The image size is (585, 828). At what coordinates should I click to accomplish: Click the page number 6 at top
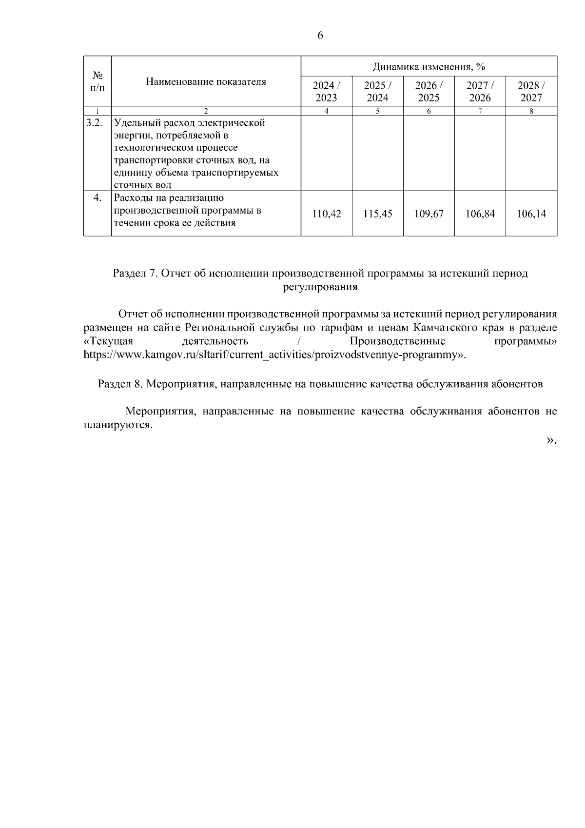pyautogui.click(x=320, y=35)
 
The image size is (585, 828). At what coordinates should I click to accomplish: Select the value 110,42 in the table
pyautogui.click(x=326, y=214)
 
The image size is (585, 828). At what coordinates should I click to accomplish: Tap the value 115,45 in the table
pyautogui.click(x=378, y=214)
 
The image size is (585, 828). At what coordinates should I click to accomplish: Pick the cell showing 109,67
pyautogui.click(x=429, y=214)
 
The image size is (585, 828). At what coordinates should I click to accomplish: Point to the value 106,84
pyautogui.click(x=480, y=214)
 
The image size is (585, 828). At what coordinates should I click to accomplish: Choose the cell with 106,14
pyautogui.click(x=531, y=214)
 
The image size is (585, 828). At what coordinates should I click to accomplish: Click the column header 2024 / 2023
pyautogui.click(x=326, y=91)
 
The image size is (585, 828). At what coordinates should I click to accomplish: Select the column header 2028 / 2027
pyautogui.click(x=531, y=91)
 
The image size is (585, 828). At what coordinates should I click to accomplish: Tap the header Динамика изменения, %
pyautogui.click(x=429, y=66)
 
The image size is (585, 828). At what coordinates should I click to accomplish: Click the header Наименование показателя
pyautogui.click(x=206, y=81)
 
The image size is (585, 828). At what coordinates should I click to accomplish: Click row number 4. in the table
pyautogui.click(x=97, y=197)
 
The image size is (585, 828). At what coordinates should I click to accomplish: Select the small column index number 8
pyautogui.click(x=531, y=111)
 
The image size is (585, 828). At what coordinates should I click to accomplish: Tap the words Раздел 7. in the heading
pyautogui.click(x=135, y=274)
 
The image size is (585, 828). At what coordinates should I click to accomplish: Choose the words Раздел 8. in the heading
pyautogui.click(x=120, y=384)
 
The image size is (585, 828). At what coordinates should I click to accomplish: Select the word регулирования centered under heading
pyautogui.click(x=320, y=287)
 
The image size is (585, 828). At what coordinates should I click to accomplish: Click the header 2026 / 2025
pyautogui.click(x=429, y=91)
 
